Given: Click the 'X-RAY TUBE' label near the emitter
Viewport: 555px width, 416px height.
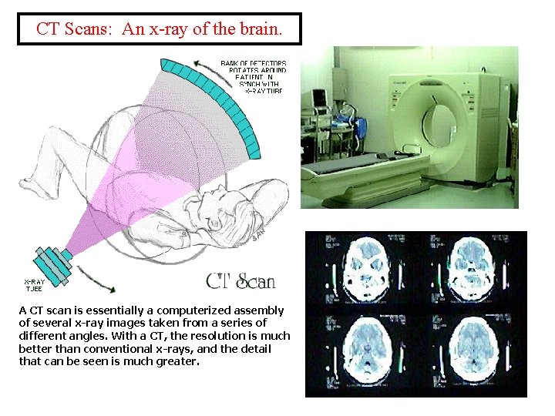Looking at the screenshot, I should [33, 285].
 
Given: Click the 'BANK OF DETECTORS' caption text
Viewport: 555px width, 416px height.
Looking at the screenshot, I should [254, 63].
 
